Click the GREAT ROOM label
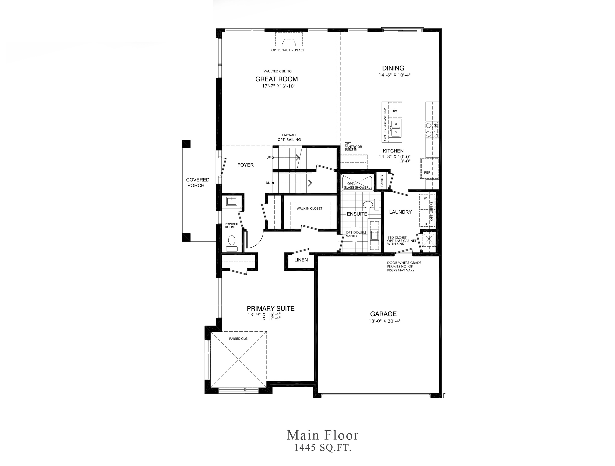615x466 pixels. pyautogui.click(x=276, y=79)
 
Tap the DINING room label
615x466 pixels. pyautogui.click(x=393, y=68)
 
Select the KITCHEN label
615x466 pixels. pyautogui.click(x=393, y=151)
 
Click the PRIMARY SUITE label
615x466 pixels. pyautogui.click(x=271, y=309)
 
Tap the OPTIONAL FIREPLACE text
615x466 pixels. pyautogui.click(x=288, y=50)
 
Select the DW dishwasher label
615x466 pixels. pyautogui.click(x=394, y=111)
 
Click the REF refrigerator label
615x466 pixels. pyautogui.click(x=427, y=173)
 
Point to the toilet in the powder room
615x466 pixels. pyautogui.click(x=231, y=242)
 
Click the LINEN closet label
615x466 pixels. pyautogui.click(x=301, y=260)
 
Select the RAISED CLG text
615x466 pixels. pyautogui.click(x=238, y=339)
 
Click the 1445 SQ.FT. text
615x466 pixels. pyautogui.click(x=323, y=455)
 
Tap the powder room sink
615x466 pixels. pyautogui.click(x=231, y=201)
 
